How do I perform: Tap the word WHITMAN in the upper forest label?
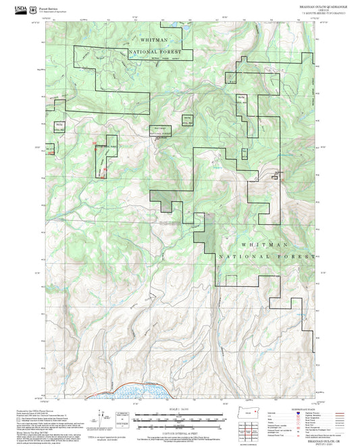click(x=154, y=41)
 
